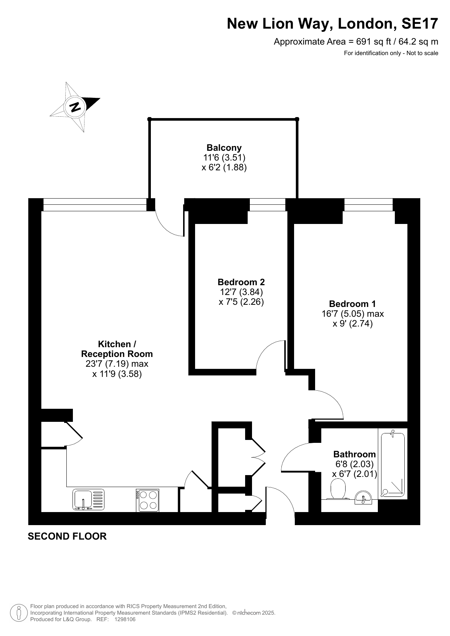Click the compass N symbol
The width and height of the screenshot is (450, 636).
tap(75, 107)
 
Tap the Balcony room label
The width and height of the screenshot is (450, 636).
tap(224, 148)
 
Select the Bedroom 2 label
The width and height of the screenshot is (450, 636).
tap(241, 282)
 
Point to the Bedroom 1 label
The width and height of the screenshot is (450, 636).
tap(352, 304)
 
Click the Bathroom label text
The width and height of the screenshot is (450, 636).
tap(355, 454)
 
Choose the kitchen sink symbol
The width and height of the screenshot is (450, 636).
tap(89, 500)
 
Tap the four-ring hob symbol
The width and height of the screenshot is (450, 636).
tap(148, 500)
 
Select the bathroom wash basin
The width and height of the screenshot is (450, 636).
tap(363, 498)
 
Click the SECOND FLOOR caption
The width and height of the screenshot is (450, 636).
tap(67, 536)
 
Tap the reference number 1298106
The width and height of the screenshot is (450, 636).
tap(125, 620)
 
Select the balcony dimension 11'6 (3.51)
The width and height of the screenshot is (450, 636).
tap(224, 158)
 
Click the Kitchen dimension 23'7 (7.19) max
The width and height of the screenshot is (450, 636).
tap(117, 364)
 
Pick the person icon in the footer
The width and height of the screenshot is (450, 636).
tap(18, 613)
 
